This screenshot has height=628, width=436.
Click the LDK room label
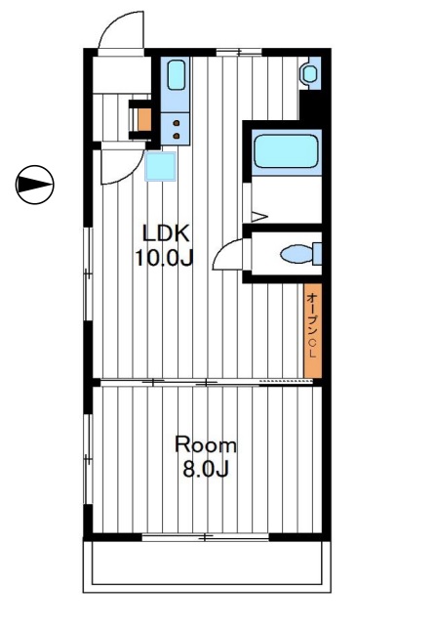click(x=166, y=233)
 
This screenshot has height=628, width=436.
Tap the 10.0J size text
click(x=164, y=258)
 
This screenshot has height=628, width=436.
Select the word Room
click(x=206, y=445)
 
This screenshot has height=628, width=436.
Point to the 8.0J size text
click(x=206, y=469)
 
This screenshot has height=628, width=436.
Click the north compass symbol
click(x=35, y=185)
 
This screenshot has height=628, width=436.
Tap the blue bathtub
click(x=287, y=151)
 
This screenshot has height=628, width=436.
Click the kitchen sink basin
click(x=176, y=75)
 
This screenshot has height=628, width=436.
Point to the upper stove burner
click(x=176, y=123)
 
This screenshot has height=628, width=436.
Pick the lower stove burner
click(x=176, y=136)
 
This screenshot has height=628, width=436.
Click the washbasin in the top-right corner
click(x=310, y=73)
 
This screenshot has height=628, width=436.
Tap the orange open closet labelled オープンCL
click(x=312, y=330)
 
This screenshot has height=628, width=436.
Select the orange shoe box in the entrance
click(x=144, y=120)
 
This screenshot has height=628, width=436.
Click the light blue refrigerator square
click(x=160, y=166)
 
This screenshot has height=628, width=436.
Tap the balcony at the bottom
click(x=207, y=566)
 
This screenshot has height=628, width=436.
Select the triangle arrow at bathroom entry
click(x=259, y=217)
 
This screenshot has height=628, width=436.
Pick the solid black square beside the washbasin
click(x=311, y=105)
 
